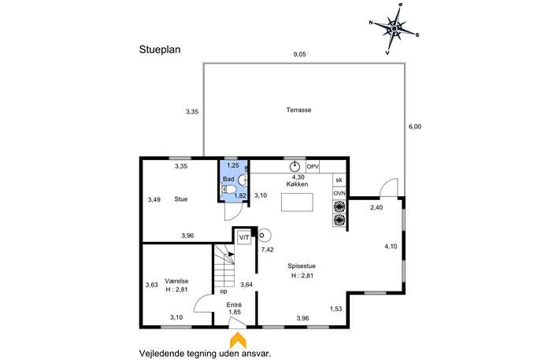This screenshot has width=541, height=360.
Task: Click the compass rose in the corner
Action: tap(394, 28)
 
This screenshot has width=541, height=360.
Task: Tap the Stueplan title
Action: tap(160, 50)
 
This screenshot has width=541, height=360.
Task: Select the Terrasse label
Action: tap(298, 109)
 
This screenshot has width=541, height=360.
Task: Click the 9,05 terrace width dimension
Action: tap(299, 54)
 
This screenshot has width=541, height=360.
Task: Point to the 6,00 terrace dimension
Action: tap(415, 127)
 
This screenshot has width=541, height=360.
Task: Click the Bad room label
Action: tap(228, 179)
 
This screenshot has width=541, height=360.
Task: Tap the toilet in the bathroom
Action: tap(228, 190)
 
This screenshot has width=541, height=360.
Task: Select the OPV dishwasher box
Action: tap(313, 167)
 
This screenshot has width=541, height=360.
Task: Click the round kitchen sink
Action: tap(295, 167)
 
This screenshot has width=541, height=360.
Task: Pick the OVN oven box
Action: tap(339, 193)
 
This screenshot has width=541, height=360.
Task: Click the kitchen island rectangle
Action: tap(297, 202)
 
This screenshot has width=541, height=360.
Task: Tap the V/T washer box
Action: tap(244, 238)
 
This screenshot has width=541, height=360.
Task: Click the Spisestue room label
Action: tap(302, 266)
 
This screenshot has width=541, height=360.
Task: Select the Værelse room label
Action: tap(176, 281)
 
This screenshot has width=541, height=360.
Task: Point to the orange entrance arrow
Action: tap(238, 340)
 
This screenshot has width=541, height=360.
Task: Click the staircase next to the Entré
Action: tap(224, 265)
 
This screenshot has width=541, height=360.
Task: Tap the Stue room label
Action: tap(181, 199)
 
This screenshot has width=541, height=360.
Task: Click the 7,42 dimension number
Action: tap(268, 250)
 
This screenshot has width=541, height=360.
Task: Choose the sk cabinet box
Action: tap(339, 180)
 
